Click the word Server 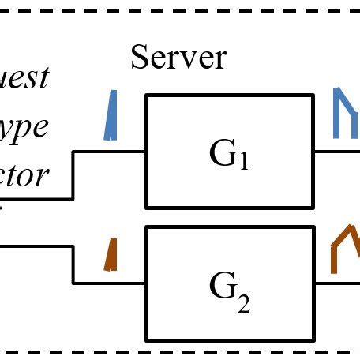178,57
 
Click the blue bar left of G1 111,115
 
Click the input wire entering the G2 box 111,282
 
